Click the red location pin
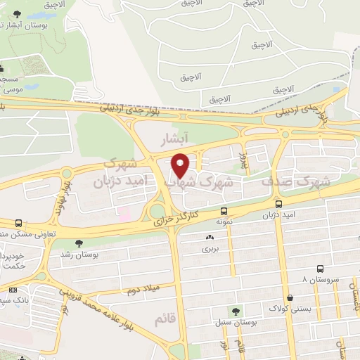(x=181, y=165)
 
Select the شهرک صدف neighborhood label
(x=288, y=181)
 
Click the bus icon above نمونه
(x=224, y=210)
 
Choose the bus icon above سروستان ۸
(x=320, y=269)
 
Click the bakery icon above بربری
(x=210, y=237)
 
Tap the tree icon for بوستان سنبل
(x=236, y=310)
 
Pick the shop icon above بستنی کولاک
(x=290, y=297)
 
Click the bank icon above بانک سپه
(x=13, y=290)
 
